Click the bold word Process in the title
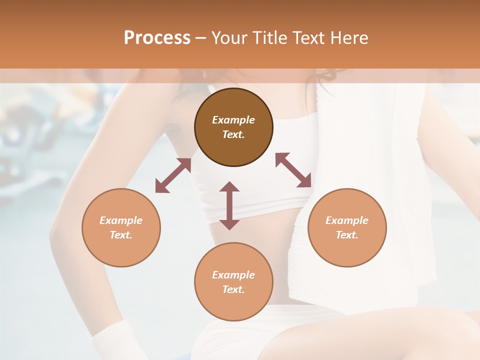pos(157,38)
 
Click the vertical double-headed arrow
pos(229,205)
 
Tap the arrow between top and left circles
pos(173,176)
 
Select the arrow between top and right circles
pos(293,170)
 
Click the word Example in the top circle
pos(233,120)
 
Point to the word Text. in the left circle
pos(121,235)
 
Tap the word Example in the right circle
pos(347,220)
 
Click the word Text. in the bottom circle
pos(233,289)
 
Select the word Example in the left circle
pos(121,220)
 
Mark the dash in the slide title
pos(200,38)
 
